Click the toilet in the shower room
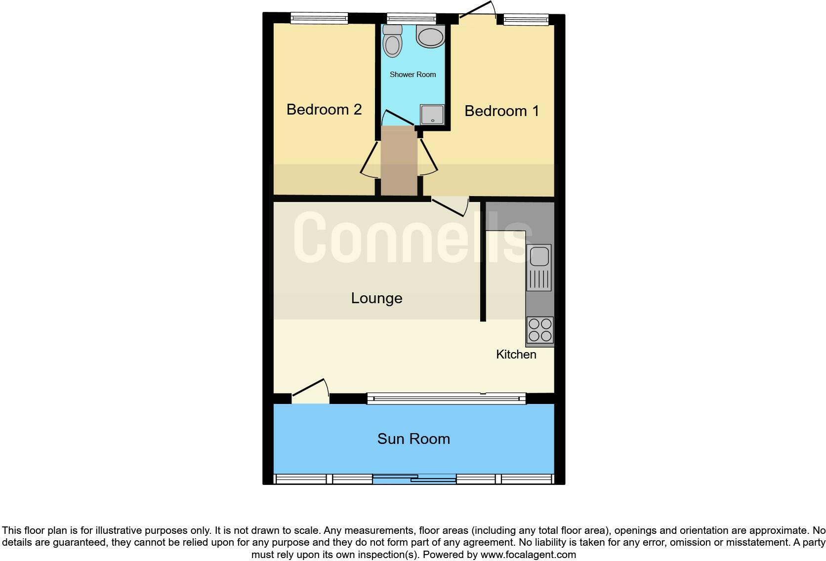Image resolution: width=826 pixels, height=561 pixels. coord(393,40)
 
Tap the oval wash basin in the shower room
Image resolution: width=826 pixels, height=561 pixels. coord(431,37)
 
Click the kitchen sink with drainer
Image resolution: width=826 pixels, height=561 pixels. coord(539,267)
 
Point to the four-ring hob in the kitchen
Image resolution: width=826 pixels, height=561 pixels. coord(539,330)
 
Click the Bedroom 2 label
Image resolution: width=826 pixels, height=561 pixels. coord(324,109)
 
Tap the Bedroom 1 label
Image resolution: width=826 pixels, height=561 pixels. coord(501,111)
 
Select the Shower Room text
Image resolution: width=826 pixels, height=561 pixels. coord(413,75)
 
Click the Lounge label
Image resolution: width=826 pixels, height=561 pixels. coord(376,298)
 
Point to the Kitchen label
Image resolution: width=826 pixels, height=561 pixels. coord(516,355)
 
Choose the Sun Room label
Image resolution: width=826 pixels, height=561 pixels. coord(413,439)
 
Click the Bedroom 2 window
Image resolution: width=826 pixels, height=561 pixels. coord(319,19)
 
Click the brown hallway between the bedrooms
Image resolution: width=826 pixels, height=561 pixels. coord(399,160)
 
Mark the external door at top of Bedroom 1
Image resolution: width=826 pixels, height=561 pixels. coord(477,13)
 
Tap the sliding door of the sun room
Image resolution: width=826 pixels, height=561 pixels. coord(414,479)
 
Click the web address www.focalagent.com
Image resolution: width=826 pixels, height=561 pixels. coord(528,555)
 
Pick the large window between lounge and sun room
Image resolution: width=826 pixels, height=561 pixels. coord(446,399)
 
